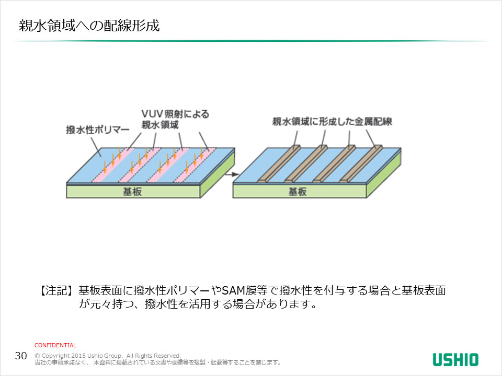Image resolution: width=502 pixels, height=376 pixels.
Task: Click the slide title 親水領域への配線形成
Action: click(x=89, y=26)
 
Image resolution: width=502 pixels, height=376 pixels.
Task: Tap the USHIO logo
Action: click(x=455, y=359)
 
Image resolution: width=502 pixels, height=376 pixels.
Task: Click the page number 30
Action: click(x=21, y=356)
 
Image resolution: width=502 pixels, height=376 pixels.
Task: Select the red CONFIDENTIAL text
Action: click(x=55, y=345)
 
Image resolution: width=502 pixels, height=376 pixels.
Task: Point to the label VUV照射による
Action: click(x=175, y=113)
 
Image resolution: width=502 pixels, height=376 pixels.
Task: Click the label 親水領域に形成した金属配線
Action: click(x=332, y=122)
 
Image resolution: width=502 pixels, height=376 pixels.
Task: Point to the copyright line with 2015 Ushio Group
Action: click(x=107, y=355)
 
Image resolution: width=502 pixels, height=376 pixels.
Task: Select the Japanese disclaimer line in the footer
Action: click(x=157, y=362)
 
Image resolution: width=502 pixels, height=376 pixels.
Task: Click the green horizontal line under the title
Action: click(x=251, y=41)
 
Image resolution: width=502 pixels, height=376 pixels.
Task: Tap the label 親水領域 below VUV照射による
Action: click(x=161, y=124)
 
